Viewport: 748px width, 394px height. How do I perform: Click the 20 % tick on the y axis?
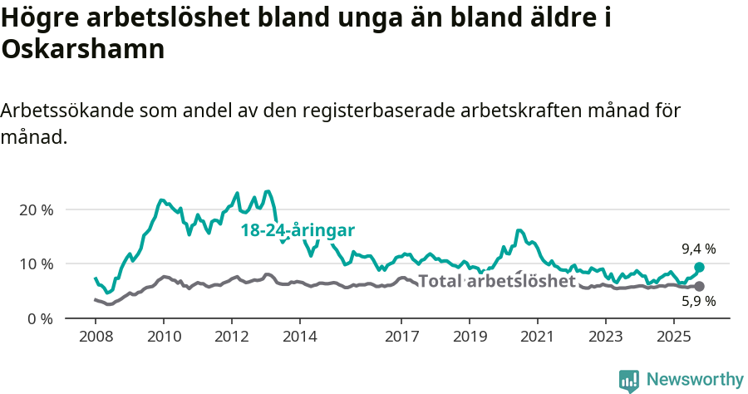pyautogui.click(x=36, y=209)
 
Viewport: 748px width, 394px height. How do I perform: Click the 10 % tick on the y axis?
pyautogui.click(x=36, y=263)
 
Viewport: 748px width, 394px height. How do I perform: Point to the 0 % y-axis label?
pyautogui.click(x=39, y=318)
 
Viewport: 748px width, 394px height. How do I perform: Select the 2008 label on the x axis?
pyautogui.click(x=96, y=339)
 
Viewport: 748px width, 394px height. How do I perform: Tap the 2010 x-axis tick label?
pyautogui.click(x=164, y=339)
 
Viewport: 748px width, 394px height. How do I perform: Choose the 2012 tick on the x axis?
pyautogui.click(x=232, y=339)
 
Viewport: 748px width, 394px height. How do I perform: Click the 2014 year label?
pyautogui.click(x=300, y=339)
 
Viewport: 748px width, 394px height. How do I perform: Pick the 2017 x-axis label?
pyautogui.click(x=401, y=339)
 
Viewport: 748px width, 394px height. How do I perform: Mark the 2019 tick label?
pyautogui.click(x=470, y=339)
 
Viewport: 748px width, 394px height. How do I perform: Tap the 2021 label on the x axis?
pyautogui.click(x=537, y=339)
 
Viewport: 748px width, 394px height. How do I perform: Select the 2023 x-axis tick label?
pyautogui.click(x=605, y=339)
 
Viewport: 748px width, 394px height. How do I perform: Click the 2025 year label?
pyautogui.click(x=673, y=339)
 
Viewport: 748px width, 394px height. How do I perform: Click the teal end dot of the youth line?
pyautogui.click(x=699, y=267)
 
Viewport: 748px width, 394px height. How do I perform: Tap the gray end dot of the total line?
pyautogui.click(x=699, y=286)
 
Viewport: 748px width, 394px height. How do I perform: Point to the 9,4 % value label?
pyautogui.click(x=698, y=249)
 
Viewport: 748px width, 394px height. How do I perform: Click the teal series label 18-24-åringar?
pyautogui.click(x=298, y=230)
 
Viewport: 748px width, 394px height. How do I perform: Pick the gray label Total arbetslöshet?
pyautogui.click(x=497, y=281)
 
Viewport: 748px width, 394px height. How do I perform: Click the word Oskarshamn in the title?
pyautogui.click(x=83, y=49)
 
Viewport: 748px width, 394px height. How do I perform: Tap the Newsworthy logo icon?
pyautogui.click(x=629, y=381)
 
